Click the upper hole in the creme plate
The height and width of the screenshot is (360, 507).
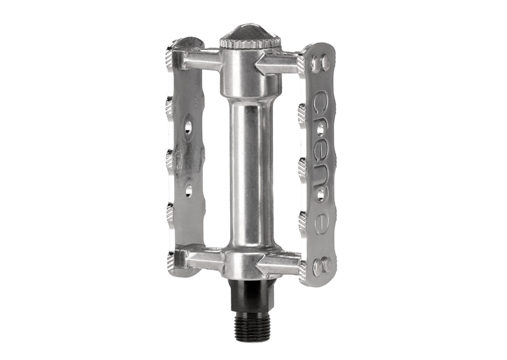(x=320, y=130)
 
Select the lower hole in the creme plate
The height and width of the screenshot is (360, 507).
(x=321, y=195)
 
